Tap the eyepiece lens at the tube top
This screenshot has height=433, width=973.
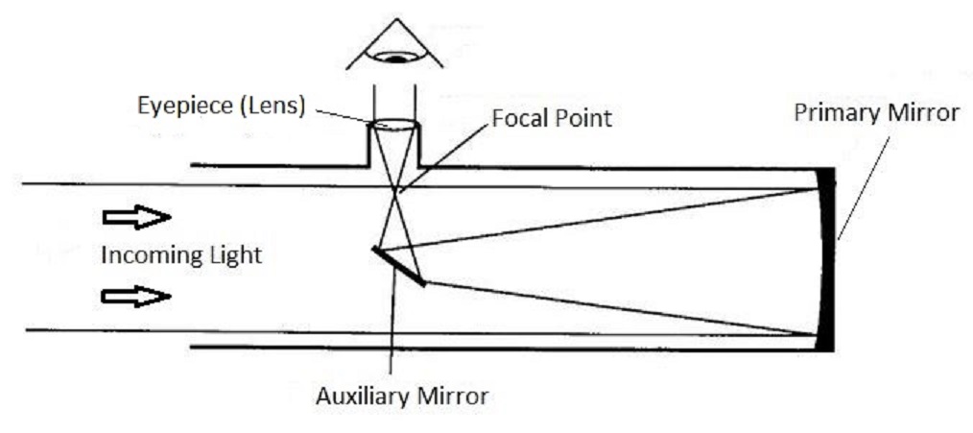point(393,125)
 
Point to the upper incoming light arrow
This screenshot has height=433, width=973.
point(136,218)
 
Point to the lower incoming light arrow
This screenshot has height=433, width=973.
point(136,296)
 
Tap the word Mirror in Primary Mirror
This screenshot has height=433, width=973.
point(922,113)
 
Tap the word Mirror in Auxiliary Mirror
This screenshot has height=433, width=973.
point(454,395)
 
